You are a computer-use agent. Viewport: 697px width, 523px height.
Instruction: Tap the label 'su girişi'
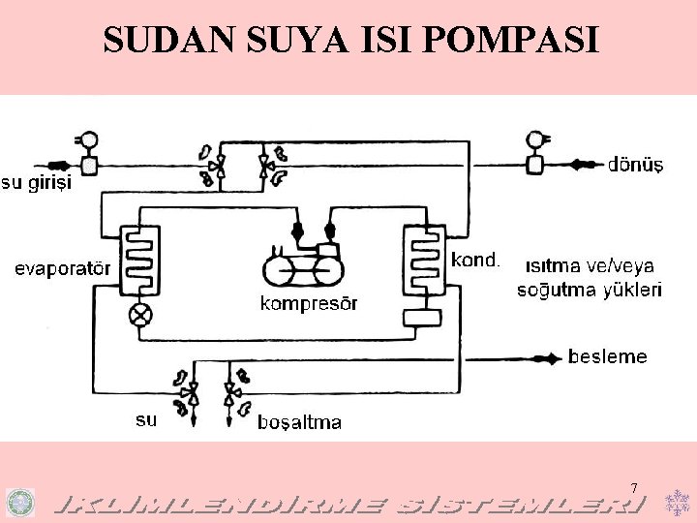36,182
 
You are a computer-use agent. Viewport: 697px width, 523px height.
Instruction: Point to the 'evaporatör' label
62,268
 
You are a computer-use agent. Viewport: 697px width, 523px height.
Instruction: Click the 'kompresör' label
309,304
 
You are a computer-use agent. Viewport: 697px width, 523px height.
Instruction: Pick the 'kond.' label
475,259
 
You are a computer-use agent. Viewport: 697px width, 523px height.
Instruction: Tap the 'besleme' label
607,356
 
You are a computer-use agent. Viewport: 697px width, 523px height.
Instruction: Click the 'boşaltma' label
299,422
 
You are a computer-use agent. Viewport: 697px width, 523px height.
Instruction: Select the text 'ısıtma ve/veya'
589,264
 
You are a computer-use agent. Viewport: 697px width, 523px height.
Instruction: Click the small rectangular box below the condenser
422,317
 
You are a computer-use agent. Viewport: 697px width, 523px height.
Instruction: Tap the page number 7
634,487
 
